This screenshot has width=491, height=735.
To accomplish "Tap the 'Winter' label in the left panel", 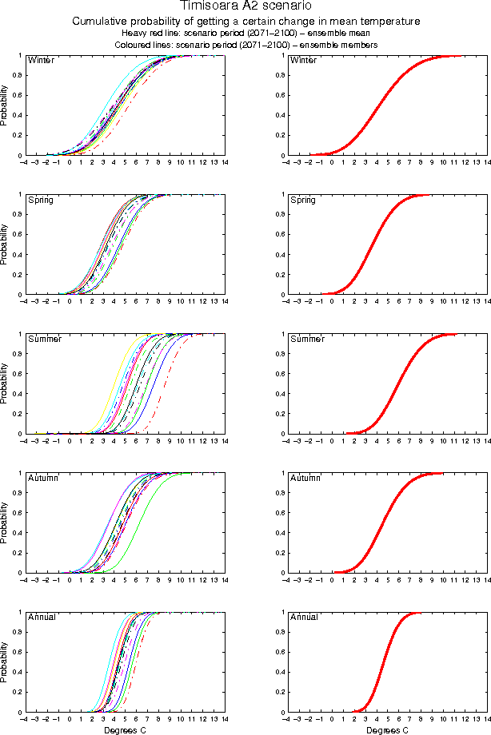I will tap(40, 61).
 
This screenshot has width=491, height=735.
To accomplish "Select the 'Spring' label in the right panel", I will tap(303, 200).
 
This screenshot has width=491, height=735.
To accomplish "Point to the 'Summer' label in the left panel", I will tap(44, 339).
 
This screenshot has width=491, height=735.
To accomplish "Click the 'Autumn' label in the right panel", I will tap(304, 478).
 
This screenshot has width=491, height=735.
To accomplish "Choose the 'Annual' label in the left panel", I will tap(42, 617).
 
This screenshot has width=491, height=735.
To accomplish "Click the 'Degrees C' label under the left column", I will tap(125, 729).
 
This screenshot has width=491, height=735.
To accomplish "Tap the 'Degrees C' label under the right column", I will tap(387, 729).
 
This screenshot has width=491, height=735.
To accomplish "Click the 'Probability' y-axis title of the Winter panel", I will tap(5, 106).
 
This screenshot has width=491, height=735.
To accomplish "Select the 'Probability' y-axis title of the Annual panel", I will tap(5, 662).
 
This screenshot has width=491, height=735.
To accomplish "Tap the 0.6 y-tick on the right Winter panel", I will tap(280, 96).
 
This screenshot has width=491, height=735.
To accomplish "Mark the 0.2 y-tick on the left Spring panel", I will tap(18, 276).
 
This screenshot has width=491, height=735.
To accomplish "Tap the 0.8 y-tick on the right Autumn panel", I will tap(280, 494).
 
